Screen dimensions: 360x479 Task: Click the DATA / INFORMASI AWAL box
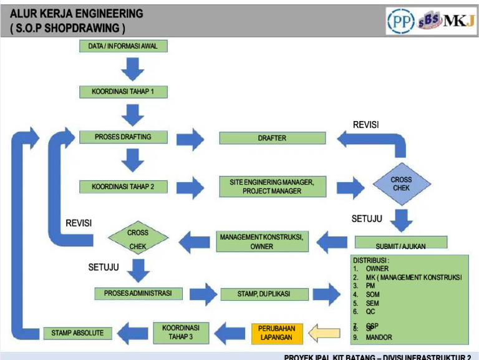pos(123,46)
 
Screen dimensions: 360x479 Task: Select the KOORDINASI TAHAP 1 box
pos(123,92)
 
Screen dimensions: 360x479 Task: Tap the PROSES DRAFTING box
pos(123,137)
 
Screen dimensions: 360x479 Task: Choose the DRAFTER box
pos(272,138)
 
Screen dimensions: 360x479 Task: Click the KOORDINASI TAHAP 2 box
pos(123,187)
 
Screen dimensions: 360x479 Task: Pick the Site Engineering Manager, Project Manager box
pos(272,186)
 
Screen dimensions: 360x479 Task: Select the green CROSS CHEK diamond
pos(138,238)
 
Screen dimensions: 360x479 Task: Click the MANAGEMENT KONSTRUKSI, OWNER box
pos(262,241)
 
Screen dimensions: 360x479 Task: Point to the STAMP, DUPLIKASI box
pos(264,293)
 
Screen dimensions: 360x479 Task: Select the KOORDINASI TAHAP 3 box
pos(181,333)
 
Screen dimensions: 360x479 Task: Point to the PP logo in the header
pos(400,21)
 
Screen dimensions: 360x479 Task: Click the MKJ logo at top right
pos(459,21)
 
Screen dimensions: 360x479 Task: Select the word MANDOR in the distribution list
pos(379,338)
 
